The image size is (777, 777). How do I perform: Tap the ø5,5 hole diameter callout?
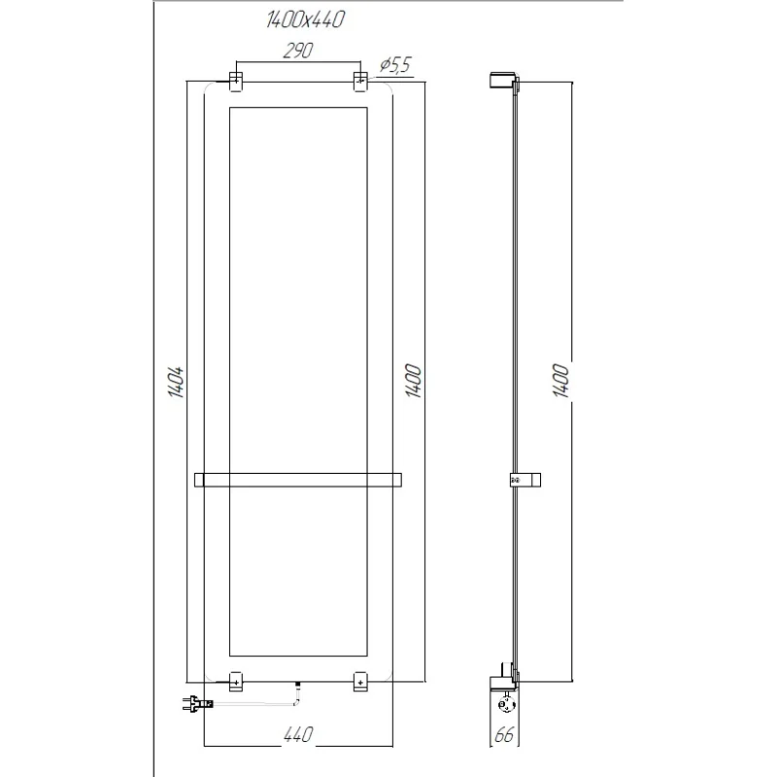[393, 65]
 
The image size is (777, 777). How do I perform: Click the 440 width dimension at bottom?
[297, 737]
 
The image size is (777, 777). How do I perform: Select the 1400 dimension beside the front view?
[412, 382]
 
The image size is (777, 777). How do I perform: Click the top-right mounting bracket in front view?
[360, 81]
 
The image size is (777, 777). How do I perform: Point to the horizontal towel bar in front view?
[297, 479]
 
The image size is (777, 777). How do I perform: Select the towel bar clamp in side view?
[521, 479]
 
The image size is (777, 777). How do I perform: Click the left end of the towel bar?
[198, 479]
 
